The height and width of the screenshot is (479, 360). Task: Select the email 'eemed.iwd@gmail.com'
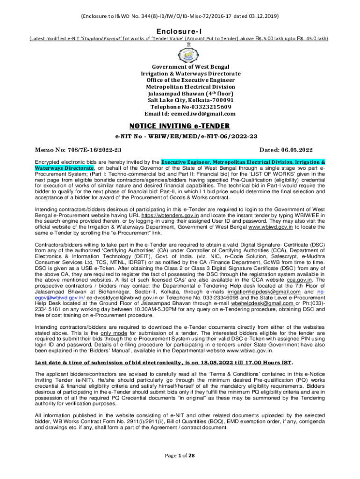tap(205, 113)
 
